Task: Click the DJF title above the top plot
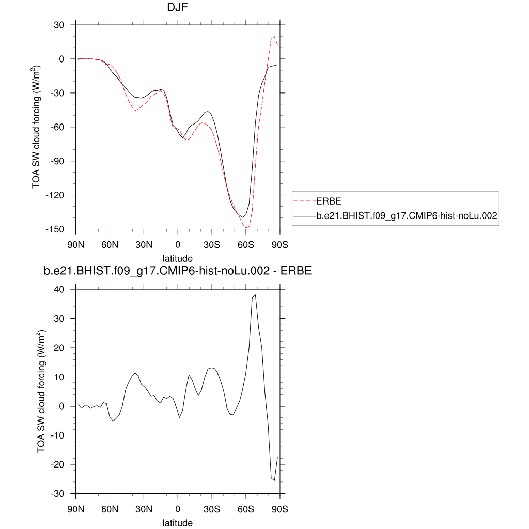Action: click(x=177, y=8)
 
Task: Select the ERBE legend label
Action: click(x=329, y=200)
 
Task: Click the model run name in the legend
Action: click(x=407, y=217)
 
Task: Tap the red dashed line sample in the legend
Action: click(x=305, y=200)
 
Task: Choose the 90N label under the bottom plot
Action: click(x=76, y=508)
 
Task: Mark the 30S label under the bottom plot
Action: click(x=212, y=508)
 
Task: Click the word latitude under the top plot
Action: click(x=178, y=258)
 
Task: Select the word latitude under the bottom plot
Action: click(x=178, y=523)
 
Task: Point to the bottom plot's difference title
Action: click(x=177, y=271)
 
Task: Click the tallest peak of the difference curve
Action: click(x=255, y=295)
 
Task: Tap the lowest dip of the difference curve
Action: click(x=274, y=480)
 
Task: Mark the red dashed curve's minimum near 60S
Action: click(x=247, y=228)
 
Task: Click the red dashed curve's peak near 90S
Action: click(x=274, y=37)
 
